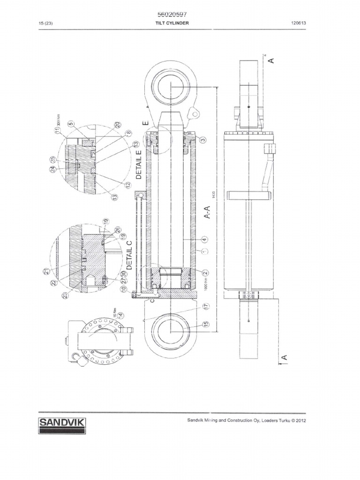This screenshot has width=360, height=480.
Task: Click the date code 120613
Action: click(299, 23)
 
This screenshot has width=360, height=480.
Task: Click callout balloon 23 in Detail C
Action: click(63, 294)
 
